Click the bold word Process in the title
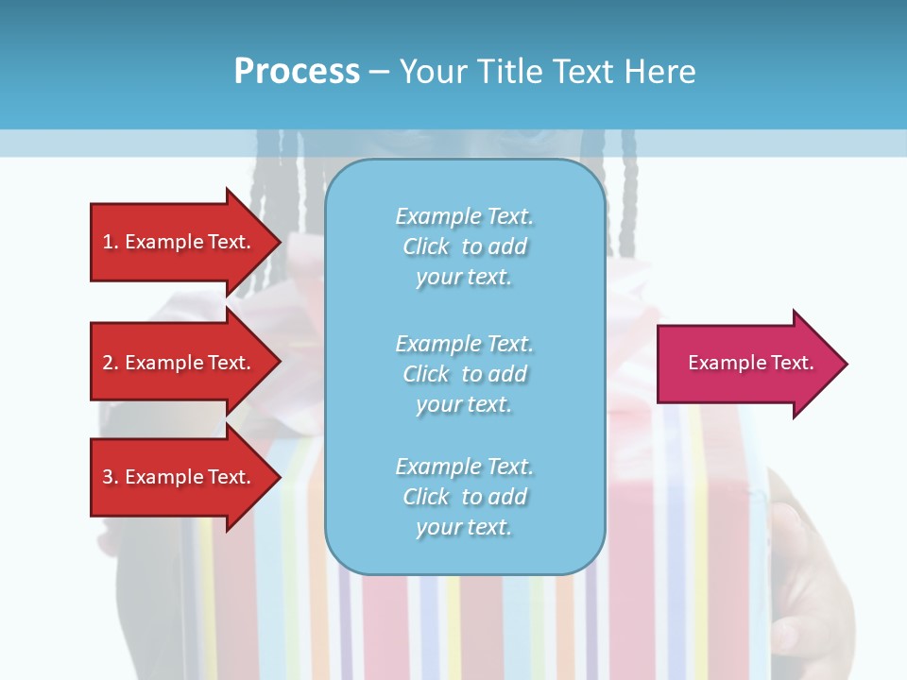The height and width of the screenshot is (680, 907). pyautogui.click(x=297, y=72)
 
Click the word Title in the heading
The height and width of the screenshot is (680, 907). pyautogui.click(x=509, y=72)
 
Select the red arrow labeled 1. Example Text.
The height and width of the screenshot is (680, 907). pyautogui.click(x=180, y=242)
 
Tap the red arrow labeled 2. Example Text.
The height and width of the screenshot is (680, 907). pyautogui.click(x=180, y=363)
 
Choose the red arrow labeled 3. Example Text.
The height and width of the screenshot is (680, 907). pyautogui.click(x=180, y=477)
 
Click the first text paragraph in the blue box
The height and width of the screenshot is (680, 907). pyautogui.click(x=464, y=246)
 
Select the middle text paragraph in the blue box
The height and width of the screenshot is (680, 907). pyautogui.click(x=464, y=374)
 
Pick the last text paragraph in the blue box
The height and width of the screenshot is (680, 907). pyautogui.click(x=464, y=497)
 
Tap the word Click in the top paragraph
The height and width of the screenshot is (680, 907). pyautogui.click(x=425, y=246)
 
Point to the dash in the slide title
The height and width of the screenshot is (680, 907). pyautogui.click(x=379, y=72)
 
